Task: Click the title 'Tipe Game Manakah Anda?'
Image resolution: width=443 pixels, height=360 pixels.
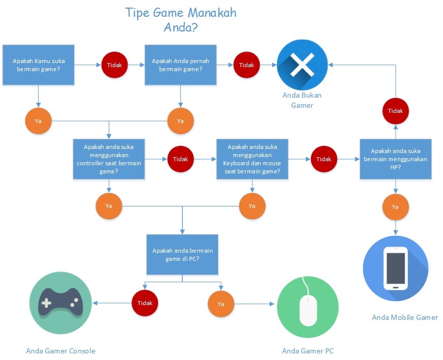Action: click(181, 20)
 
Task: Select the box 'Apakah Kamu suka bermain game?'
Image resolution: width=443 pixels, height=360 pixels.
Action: click(39, 65)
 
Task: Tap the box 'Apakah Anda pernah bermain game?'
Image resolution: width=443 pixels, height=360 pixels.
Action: click(180, 65)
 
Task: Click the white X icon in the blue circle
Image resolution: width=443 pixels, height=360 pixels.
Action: click(302, 65)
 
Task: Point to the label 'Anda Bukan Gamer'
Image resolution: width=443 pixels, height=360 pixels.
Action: click(302, 100)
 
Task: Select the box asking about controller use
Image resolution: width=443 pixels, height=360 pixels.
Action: click(109, 159)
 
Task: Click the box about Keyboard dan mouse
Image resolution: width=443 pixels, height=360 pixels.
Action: click(252, 159)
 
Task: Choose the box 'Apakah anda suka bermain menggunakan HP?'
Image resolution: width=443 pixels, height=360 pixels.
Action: click(395, 159)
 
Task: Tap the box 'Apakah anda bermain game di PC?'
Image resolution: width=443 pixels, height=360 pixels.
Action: click(182, 254)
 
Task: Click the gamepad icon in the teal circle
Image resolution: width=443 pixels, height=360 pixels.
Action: click(61, 303)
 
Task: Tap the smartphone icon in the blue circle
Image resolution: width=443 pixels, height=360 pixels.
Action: click(395, 268)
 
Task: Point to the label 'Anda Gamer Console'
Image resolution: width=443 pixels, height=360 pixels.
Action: click(60, 351)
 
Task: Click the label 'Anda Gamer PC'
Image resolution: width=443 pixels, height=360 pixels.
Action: click(308, 351)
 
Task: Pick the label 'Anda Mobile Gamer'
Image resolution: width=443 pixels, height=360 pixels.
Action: click(404, 317)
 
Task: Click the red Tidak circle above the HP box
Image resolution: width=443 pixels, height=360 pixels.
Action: click(395, 111)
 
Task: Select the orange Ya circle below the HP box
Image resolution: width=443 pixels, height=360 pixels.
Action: click(395, 207)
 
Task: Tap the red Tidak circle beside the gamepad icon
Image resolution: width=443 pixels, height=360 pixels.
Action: click(145, 303)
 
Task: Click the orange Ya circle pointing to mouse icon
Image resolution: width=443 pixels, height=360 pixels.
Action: click(221, 304)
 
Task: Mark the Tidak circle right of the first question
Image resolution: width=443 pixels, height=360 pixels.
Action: click(115, 65)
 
